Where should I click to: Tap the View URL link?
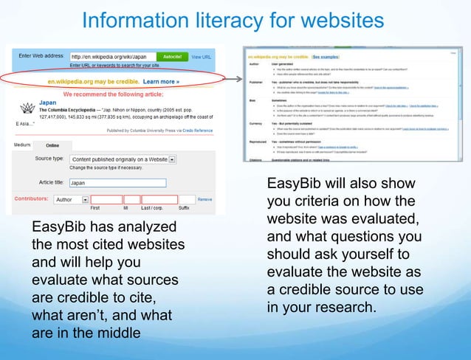pos(202,56)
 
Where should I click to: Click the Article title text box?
pos(117,183)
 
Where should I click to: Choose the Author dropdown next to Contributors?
pos(72,199)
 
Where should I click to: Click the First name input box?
pos(106,199)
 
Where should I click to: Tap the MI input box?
pos(131,199)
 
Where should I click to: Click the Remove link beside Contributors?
pos(204,199)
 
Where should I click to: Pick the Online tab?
pos(52,145)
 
